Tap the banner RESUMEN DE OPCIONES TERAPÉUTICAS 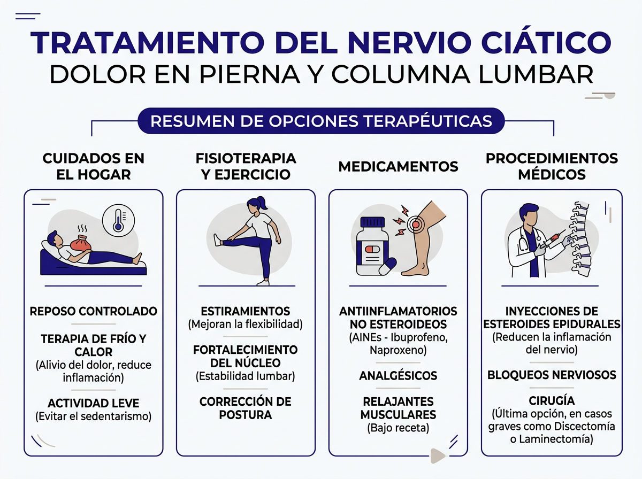pyautogui.click(x=321, y=121)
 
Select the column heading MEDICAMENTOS pyautogui.click(x=398, y=167)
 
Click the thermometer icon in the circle pyautogui.click(x=118, y=219)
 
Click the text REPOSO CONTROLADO pyautogui.click(x=93, y=311)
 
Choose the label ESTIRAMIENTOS pyautogui.click(x=246, y=311)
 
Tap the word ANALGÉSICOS pyautogui.click(x=398, y=376)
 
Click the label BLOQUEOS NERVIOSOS pyautogui.click(x=552, y=375)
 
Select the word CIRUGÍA pyautogui.click(x=552, y=401)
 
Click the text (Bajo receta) pyautogui.click(x=398, y=428)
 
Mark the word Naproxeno pyautogui.click(x=398, y=350)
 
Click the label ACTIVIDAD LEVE pyautogui.click(x=93, y=403)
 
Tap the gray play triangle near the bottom pyautogui.click(x=438, y=455)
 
